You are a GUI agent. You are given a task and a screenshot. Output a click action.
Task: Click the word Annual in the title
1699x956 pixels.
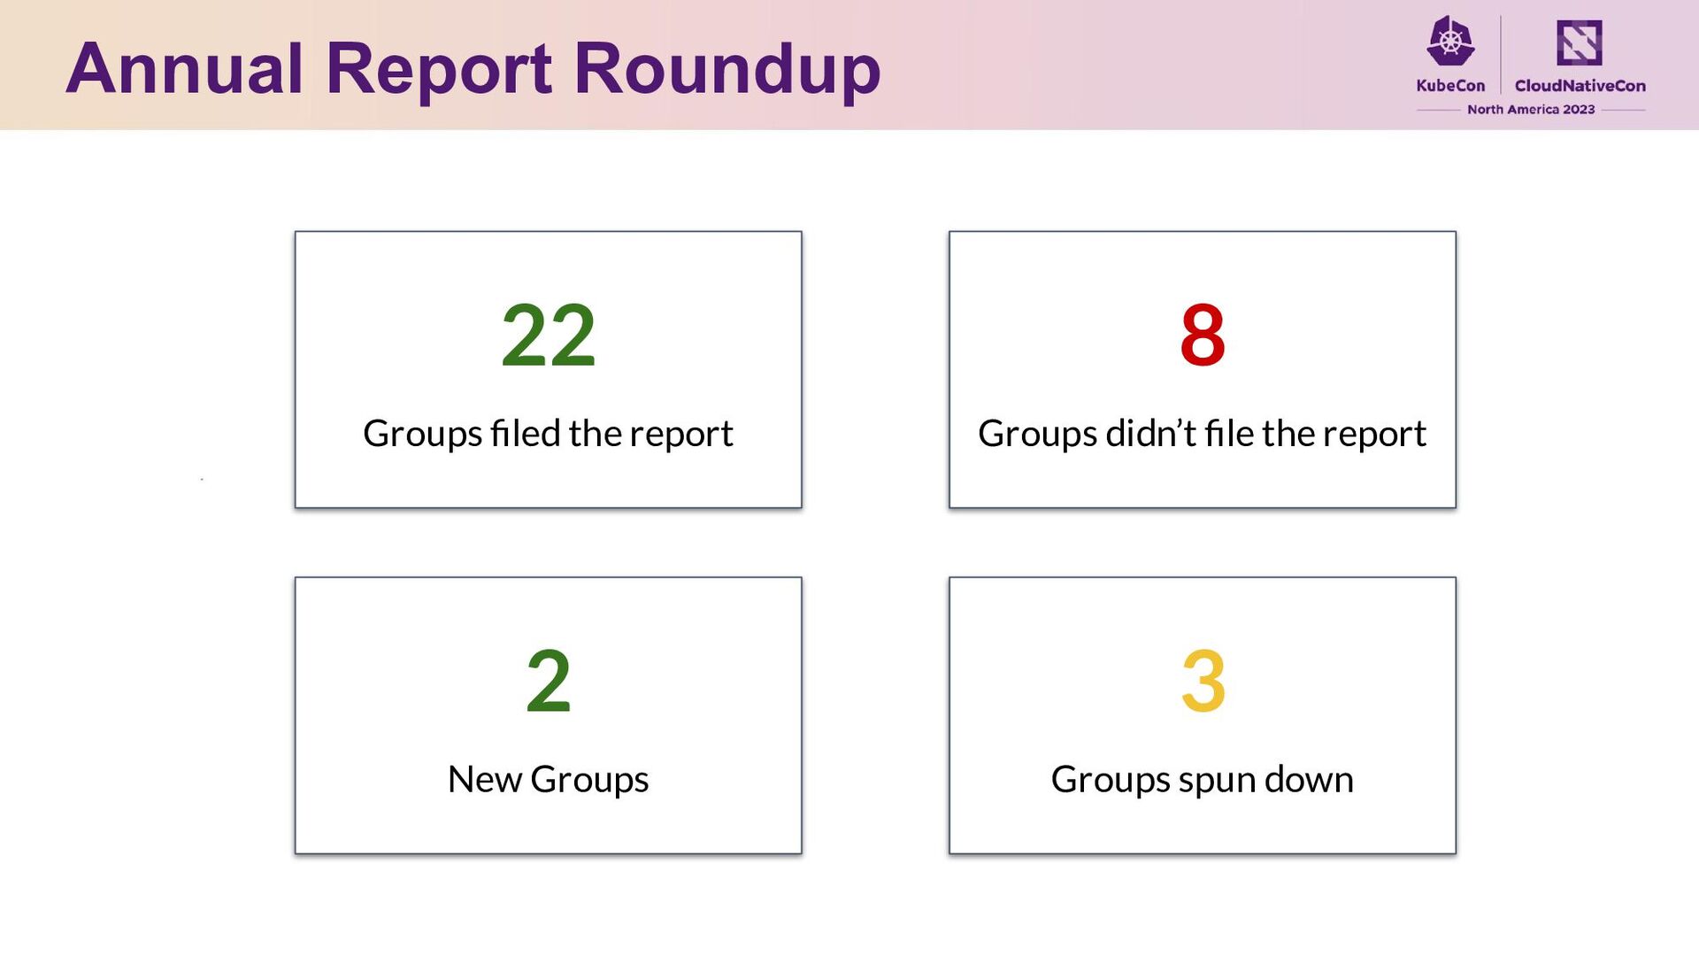pyautogui.click(x=184, y=68)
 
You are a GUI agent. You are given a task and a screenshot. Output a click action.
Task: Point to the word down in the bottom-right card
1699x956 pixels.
pyautogui.click(x=1309, y=779)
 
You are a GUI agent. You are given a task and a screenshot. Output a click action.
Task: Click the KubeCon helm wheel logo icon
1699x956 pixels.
pyautogui.click(x=1450, y=42)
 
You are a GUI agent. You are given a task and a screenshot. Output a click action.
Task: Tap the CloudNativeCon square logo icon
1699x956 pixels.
pyautogui.click(x=1580, y=42)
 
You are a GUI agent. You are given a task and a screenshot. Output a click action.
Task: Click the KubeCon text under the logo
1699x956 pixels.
pyautogui.click(x=1450, y=86)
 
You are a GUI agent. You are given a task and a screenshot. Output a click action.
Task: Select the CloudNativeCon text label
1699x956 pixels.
pyautogui.click(x=1580, y=86)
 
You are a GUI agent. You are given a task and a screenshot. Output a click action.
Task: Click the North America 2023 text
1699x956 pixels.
pyautogui.click(x=1531, y=110)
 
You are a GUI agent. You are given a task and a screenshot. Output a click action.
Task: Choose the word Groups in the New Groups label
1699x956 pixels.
pyautogui.click(x=589, y=781)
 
